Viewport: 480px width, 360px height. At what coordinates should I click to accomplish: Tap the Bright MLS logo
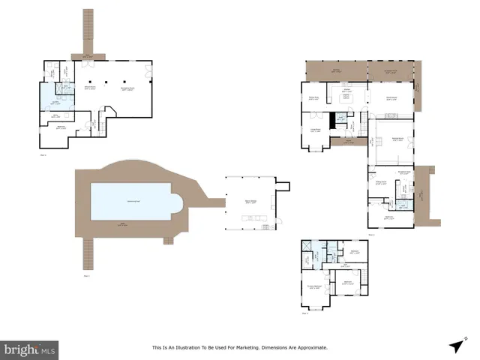coord(30,349)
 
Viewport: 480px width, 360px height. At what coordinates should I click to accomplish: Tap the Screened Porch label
coord(391,71)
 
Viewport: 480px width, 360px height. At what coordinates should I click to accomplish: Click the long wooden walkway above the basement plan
coord(88,30)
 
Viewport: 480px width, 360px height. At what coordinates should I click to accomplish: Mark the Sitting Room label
coord(381,182)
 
